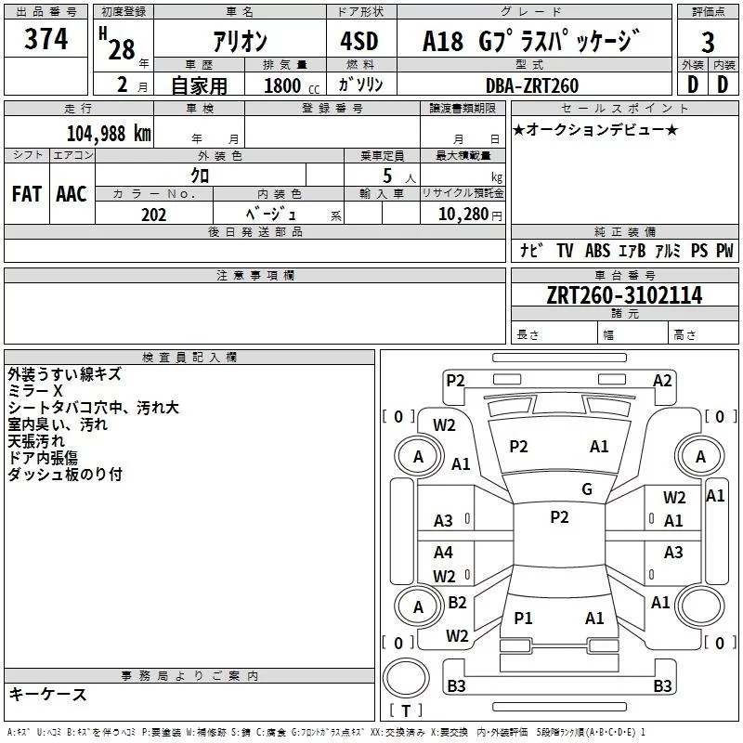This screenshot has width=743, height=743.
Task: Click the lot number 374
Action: pos(46,40)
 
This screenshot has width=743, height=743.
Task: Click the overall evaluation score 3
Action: pos(708,42)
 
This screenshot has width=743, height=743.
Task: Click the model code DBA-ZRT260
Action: pos(531,85)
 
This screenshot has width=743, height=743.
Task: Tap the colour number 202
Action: pos(153,215)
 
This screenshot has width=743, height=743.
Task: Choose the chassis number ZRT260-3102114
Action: pos(624,295)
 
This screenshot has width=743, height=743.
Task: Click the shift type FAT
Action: pos(27,193)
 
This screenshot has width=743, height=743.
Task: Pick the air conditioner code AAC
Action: pos(72,193)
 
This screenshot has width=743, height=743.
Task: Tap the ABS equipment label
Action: pos(598,251)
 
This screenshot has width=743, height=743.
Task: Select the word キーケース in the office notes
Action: pos(47,695)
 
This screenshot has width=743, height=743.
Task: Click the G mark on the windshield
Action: pos(587,489)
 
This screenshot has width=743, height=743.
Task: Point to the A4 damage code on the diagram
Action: pos(444,553)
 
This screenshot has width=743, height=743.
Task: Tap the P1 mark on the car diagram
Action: pos(524,618)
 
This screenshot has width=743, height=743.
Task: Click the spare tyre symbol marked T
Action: pos(405,711)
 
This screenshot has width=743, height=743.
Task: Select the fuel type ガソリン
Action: pos(361,85)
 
